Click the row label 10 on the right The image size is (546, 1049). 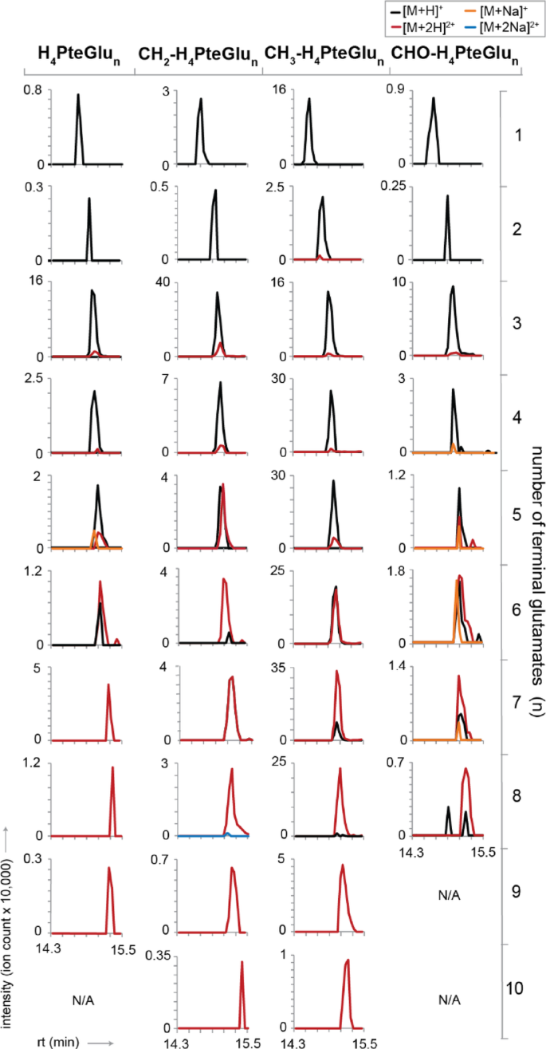point(515,988)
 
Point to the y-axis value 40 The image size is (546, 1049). point(167,279)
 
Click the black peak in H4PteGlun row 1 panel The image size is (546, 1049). point(78,120)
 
